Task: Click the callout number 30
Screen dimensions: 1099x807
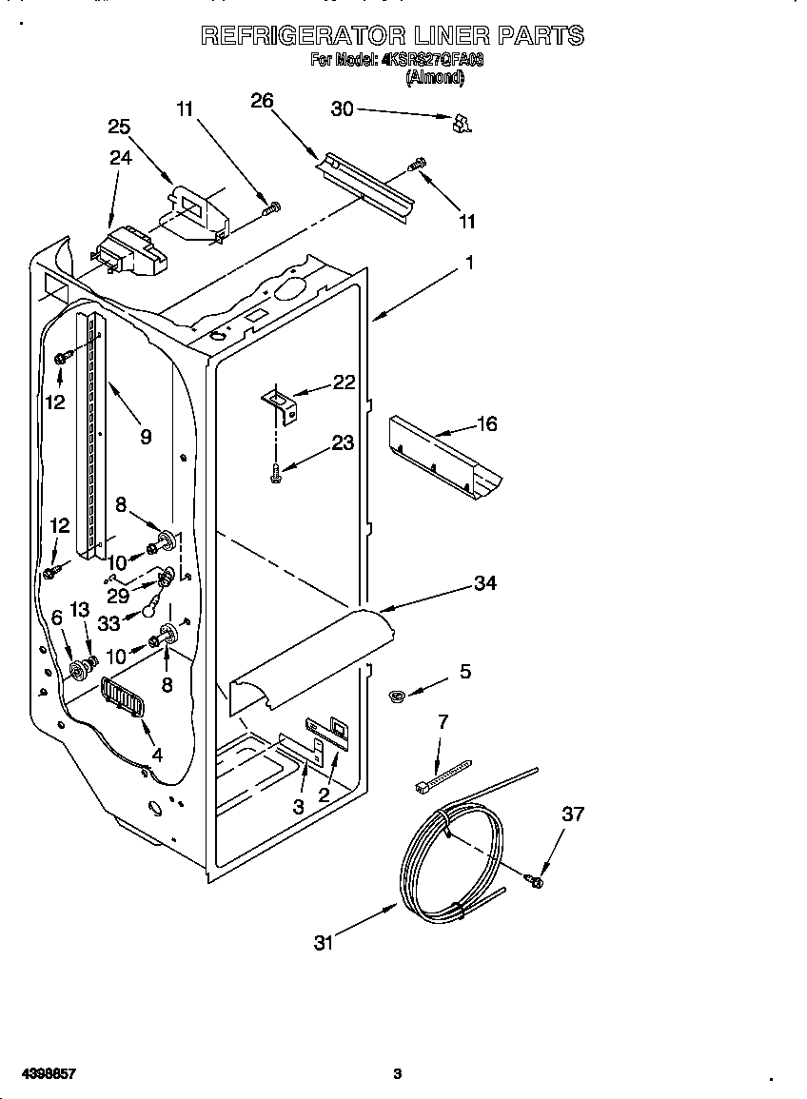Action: point(342,109)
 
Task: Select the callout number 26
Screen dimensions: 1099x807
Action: point(263,100)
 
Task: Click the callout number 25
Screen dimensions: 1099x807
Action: point(119,127)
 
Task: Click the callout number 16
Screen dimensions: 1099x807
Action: point(486,424)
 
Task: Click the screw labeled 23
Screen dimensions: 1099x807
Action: point(275,471)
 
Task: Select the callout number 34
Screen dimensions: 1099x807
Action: point(485,582)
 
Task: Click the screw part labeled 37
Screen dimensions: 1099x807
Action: point(535,881)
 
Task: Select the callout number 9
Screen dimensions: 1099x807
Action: point(146,437)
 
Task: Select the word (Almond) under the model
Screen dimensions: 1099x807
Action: point(435,79)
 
